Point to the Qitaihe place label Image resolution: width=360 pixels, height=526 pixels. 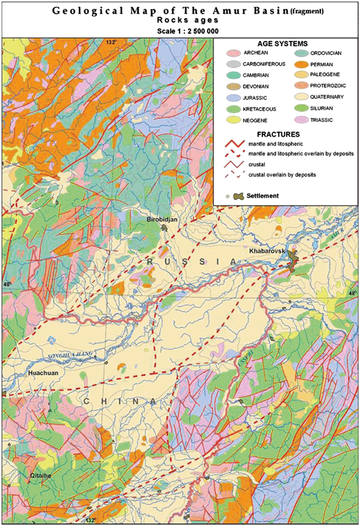point(40,477)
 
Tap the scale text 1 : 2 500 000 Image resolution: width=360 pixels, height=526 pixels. point(179,30)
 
